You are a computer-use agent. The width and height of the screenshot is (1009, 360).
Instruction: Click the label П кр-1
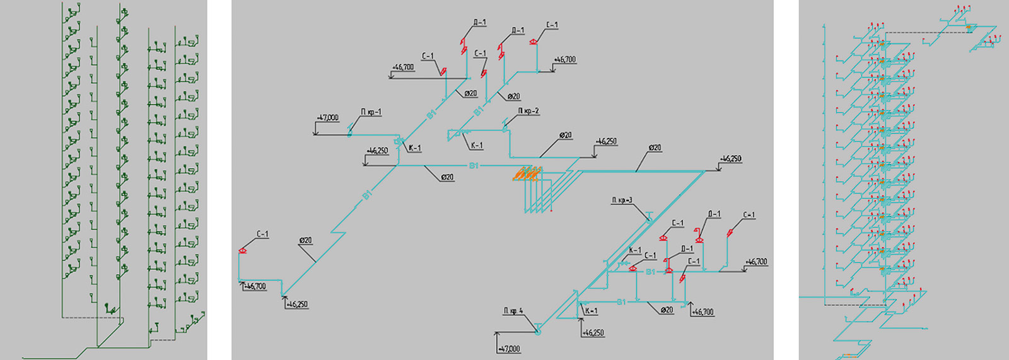tap(371, 112)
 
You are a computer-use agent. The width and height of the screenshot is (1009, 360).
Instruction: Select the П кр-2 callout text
tap(528, 111)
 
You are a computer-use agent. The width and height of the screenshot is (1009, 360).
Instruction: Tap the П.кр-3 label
tap(622, 200)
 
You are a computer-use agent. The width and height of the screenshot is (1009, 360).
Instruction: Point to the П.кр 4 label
tap(513, 311)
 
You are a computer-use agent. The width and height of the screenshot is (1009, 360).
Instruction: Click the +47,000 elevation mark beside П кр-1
tap(328, 118)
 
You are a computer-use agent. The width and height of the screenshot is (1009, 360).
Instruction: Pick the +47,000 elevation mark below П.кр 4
tap(509, 349)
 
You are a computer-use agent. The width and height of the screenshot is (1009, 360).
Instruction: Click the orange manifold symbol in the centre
tap(527, 173)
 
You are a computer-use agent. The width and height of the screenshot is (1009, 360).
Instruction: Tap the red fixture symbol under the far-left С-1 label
tap(243, 251)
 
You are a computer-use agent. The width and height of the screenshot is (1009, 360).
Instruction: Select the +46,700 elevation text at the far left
tap(255, 287)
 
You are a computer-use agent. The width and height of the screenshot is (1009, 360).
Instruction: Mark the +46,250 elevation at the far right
tap(731, 159)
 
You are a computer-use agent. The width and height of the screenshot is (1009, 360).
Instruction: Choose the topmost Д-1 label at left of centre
tap(479, 23)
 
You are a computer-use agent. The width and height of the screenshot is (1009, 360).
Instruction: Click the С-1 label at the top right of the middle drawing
tap(552, 25)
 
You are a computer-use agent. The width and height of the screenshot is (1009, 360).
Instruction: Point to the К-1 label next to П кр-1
tap(414, 149)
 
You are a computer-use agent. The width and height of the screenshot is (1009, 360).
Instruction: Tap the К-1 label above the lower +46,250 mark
tap(591, 311)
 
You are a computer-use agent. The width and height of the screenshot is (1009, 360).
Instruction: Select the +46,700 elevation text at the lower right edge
tap(757, 262)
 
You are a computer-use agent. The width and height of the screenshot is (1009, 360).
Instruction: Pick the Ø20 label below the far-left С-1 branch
tap(305, 241)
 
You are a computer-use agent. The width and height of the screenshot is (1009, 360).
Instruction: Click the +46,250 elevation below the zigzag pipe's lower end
tap(297, 305)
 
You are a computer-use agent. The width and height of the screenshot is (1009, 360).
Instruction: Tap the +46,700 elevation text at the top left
tap(403, 67)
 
